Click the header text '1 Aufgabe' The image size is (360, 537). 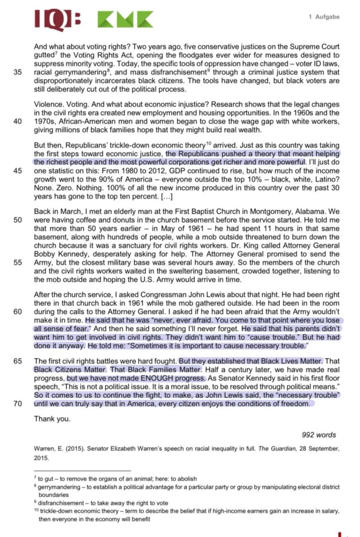324,17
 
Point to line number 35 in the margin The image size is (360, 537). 18,72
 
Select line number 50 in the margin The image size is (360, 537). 18,220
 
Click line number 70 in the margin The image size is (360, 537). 18,404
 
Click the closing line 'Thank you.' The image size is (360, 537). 52,419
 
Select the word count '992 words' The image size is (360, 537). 319,435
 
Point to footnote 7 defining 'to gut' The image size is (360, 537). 117,479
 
